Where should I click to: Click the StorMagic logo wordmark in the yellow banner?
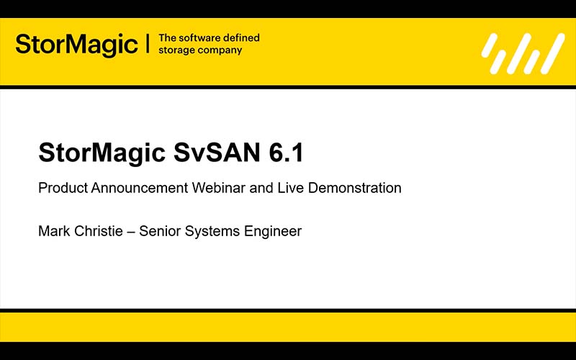[76, 45]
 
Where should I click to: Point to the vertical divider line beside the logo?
[148, 44]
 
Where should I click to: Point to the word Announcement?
[140, 189]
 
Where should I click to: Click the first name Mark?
[53, 232]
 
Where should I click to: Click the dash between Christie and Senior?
[130, 233]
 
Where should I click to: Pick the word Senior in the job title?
[158, 232]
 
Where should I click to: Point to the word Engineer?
[271, 233]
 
